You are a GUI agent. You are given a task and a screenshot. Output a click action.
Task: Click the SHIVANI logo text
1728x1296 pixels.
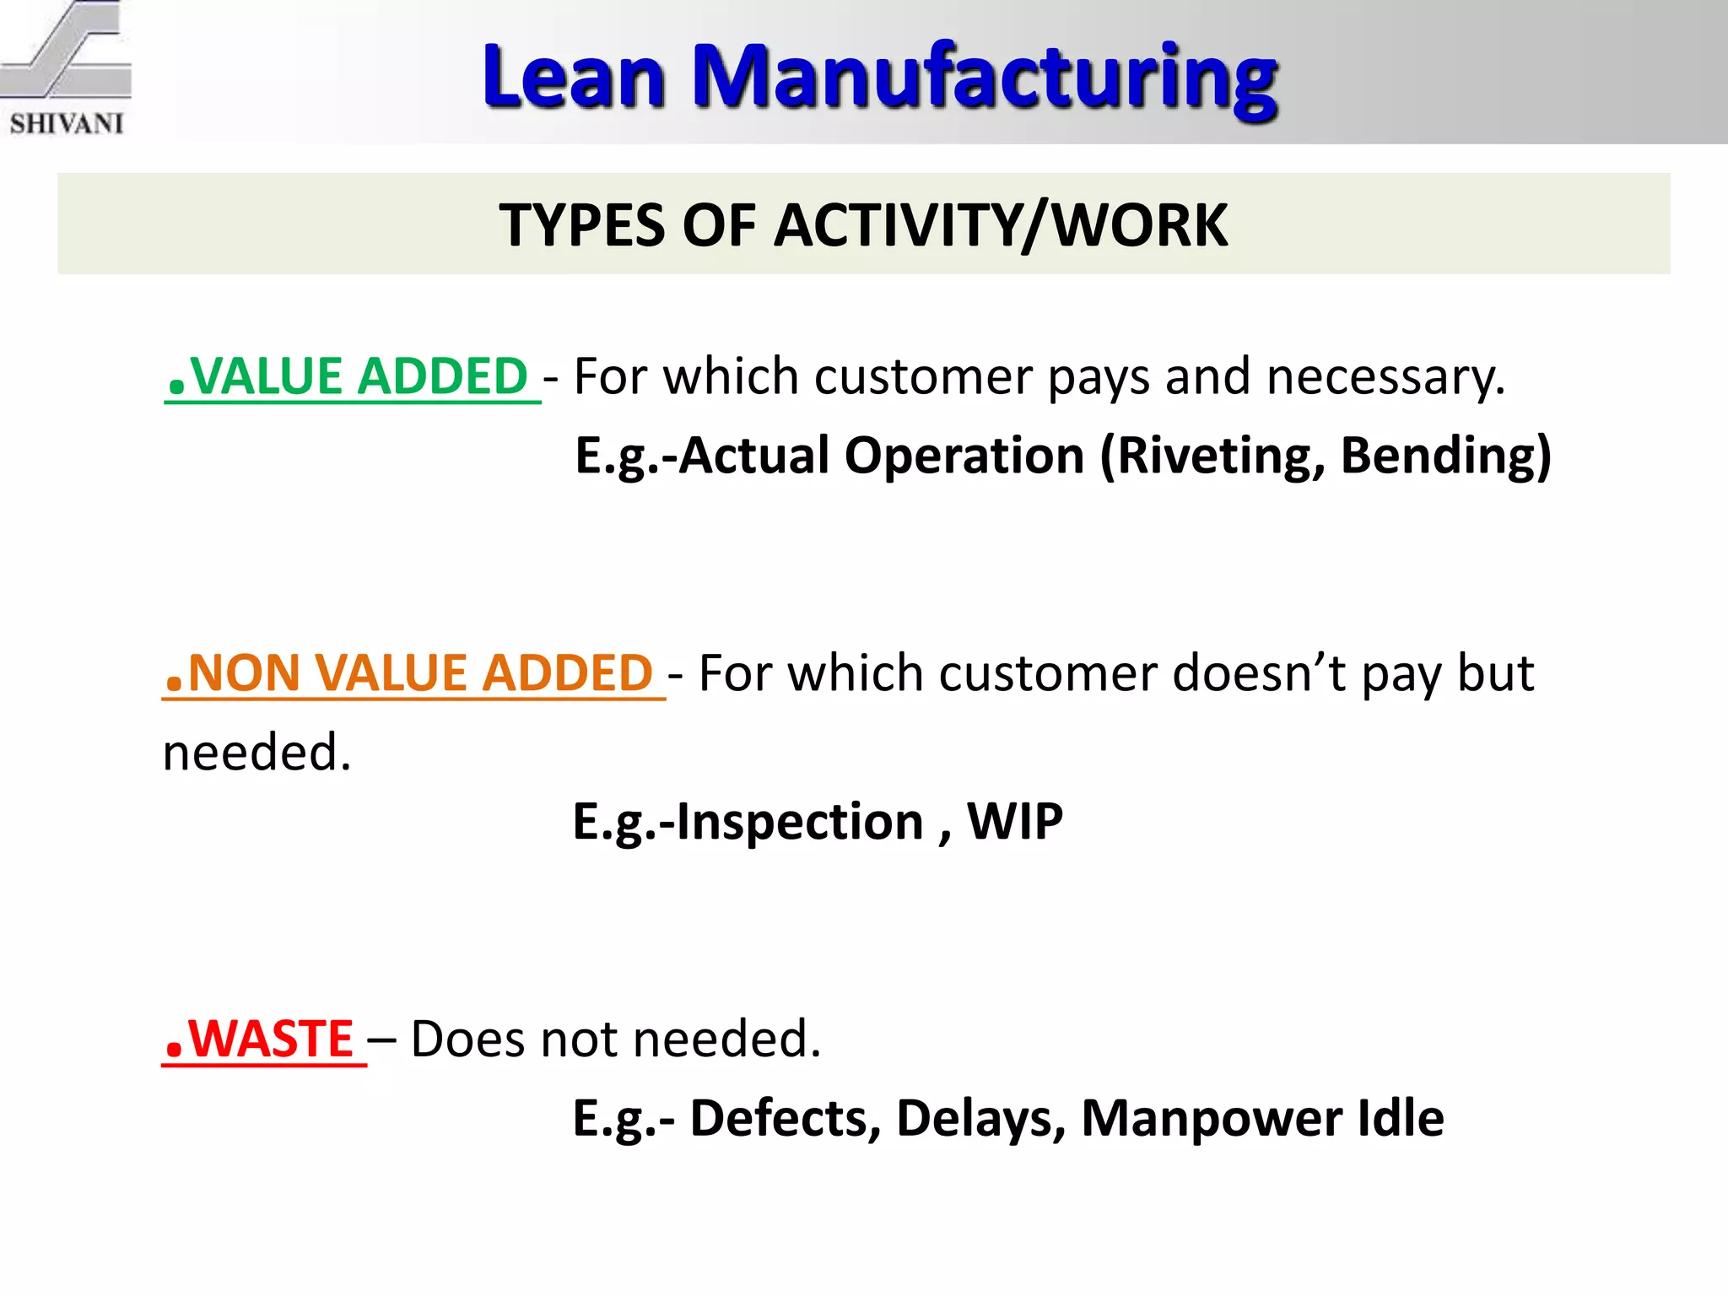[x=67, y=123]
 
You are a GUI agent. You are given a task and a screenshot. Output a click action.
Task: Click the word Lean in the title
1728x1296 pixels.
[x=574, y=78]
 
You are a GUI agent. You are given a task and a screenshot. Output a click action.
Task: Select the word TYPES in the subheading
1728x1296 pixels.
[x=581, y=225]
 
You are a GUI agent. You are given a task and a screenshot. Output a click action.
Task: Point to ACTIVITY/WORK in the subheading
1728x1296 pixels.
[x=1001, y=225]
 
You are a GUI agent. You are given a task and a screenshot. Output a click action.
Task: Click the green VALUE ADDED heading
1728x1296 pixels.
[x=358, y=376]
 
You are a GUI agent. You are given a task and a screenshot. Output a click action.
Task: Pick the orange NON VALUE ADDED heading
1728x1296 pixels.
[x=419, y=673]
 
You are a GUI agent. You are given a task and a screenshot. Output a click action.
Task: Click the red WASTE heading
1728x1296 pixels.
[x=270, y=1039]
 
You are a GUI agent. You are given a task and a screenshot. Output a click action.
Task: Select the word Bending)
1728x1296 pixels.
[x=1445, y=456]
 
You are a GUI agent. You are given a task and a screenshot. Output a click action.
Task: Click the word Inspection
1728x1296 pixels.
[x=800, y=821]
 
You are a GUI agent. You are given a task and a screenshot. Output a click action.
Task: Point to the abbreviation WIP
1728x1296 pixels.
[x=1014, y=821]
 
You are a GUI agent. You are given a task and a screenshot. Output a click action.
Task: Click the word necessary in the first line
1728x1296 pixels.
[x=1385, y=376]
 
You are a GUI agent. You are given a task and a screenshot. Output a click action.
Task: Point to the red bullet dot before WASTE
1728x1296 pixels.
[x=175, y=1050]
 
